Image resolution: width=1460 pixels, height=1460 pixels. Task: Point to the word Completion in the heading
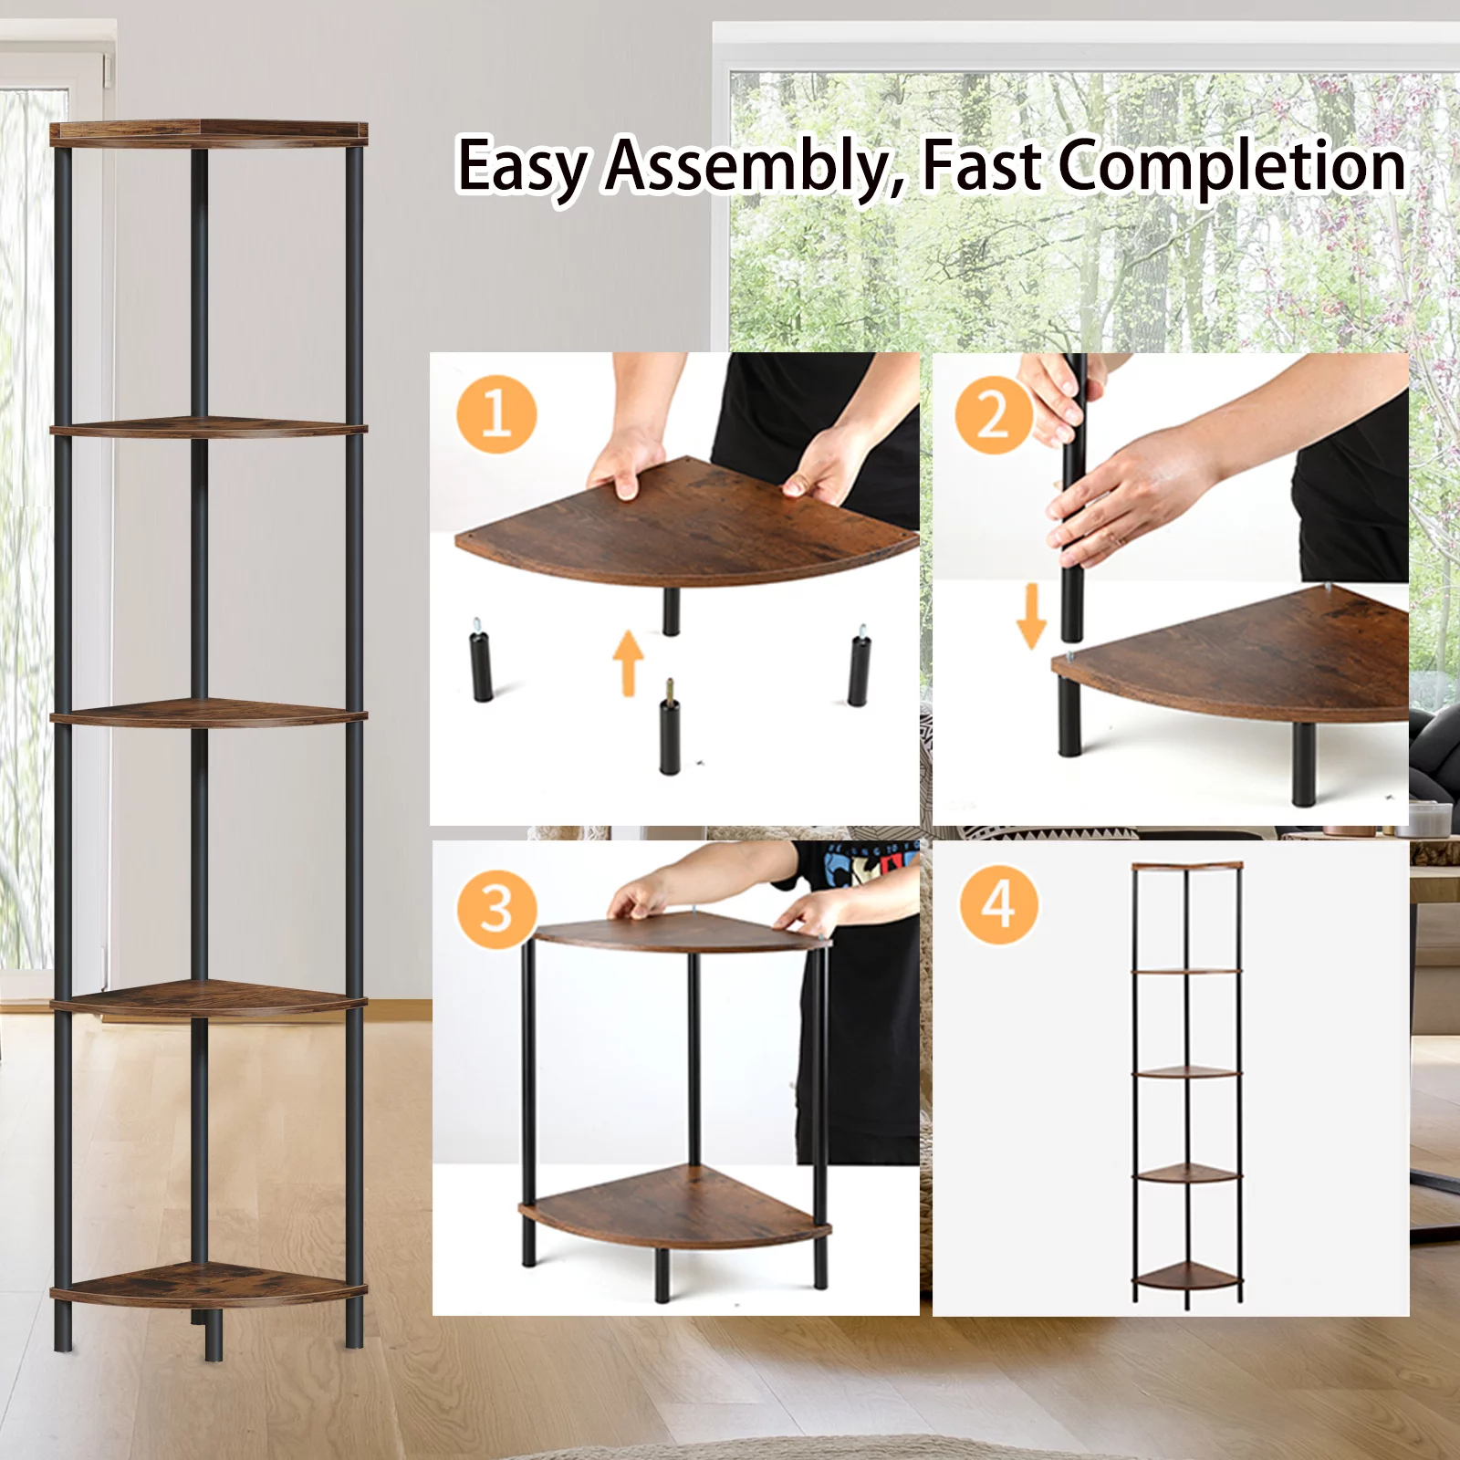click(x=1232, y=167)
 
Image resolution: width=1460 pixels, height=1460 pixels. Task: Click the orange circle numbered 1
click(x=496, y=413)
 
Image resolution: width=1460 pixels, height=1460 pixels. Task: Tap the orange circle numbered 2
click(x=994, y=415)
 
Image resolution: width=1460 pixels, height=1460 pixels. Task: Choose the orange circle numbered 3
click(x=496, y=909)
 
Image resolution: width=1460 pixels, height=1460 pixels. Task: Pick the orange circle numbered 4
click(x=998, y=904)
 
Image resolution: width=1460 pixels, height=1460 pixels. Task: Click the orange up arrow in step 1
click(x=628, y=662)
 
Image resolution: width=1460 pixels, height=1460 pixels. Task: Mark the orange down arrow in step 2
click(x=1031, y=617)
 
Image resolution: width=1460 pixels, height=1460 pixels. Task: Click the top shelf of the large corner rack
click(x=208, y=134)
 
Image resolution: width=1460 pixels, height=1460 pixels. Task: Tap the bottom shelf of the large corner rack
click(x=208, y=1285)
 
